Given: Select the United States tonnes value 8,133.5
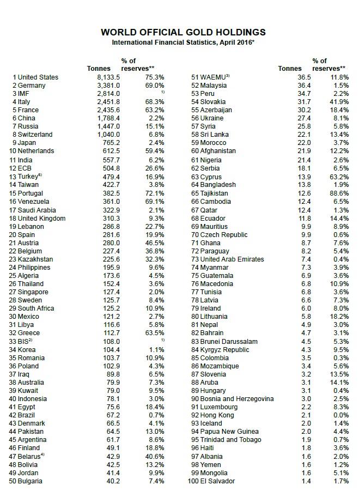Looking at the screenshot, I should pos(107,77).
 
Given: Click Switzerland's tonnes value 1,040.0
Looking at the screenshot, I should pos(107,135).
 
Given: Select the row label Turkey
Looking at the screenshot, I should pos(29,176).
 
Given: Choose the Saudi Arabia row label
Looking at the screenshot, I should pos(38,210).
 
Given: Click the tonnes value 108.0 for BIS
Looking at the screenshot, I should pos(111,341).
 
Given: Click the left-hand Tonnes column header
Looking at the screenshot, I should pos(99,69).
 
